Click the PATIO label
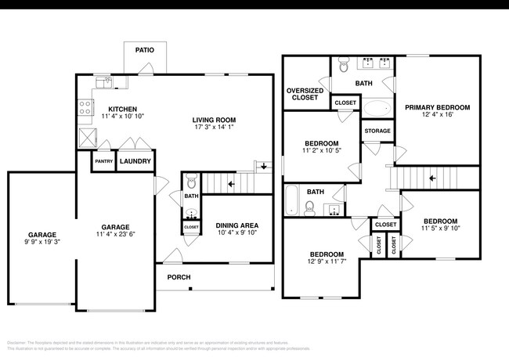click(144, 49)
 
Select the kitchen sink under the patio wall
click(103, 81)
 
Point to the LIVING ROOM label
click(214, 120)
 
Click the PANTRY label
click(103, 162)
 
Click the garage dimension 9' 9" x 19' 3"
click(42, 242)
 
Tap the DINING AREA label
click(236, 226)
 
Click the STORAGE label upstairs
click(377, 131)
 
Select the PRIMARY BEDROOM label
click(436, 107)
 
